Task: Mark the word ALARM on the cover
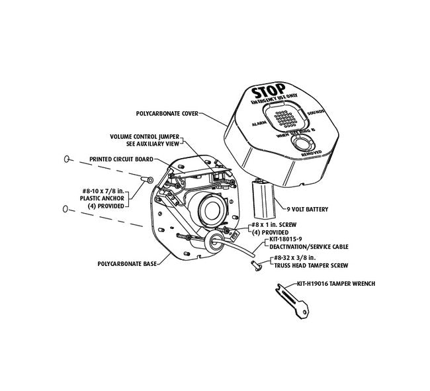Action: click(259, 124)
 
